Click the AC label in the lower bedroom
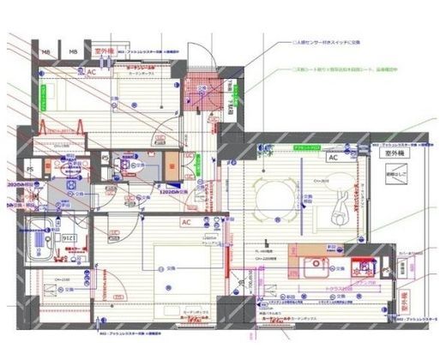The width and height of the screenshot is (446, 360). pos(186,222)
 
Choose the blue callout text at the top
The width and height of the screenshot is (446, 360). pos(322,41)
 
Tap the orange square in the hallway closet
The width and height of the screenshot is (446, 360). pos(175,169)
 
